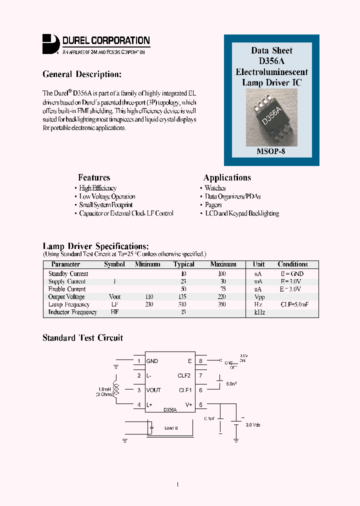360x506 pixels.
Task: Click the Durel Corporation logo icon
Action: [x=50, y=43]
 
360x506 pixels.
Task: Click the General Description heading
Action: [x=82, y=74]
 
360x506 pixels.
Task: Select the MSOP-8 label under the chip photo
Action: [x=271, y=151]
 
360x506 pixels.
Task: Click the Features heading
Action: [x=94, y=177]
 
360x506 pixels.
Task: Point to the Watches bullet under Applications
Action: [x=215, y=188]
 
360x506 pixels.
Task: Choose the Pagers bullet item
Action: [x=213, y=205]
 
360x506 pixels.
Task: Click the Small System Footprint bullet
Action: [x=106, y=205]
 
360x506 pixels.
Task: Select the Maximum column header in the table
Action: [x=223, y=264]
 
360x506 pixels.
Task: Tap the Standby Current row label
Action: [x=68, y=274]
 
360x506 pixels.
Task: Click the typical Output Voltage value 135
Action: [x=183, y=297]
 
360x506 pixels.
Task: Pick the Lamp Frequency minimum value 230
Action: [x=148, y=304]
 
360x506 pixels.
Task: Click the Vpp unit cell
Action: [x=259, y=297]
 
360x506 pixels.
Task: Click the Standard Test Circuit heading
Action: [x=82, y=338]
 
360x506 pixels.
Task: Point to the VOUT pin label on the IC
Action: [x=154, y=390]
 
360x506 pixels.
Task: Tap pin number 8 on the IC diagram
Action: [x=200, y=361]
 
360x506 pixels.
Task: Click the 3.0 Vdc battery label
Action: [x=252, y=425]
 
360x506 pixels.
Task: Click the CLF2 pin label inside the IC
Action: [x=184, y=375]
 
